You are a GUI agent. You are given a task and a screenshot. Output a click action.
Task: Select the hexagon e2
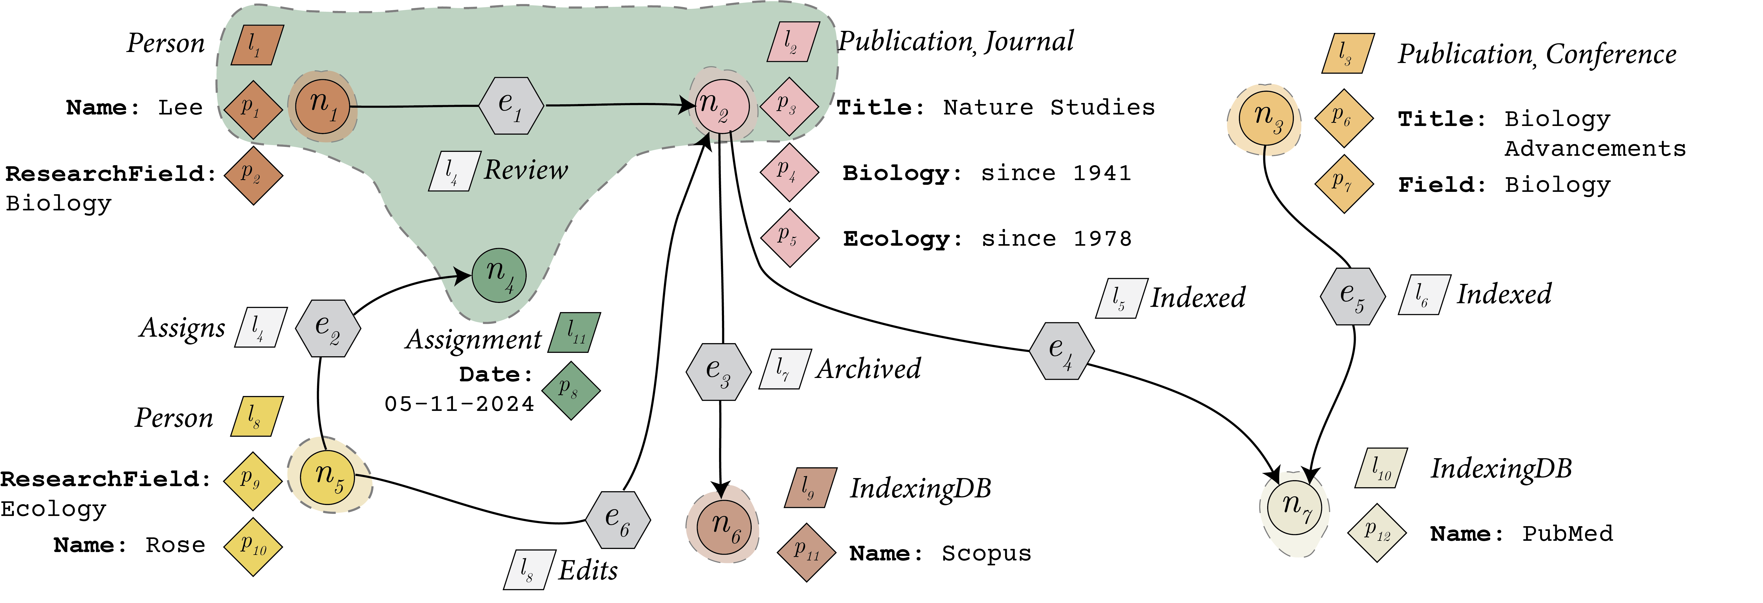328,328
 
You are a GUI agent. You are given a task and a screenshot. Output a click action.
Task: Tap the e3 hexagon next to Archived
719,372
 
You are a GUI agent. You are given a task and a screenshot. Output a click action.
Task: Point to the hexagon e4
1061,351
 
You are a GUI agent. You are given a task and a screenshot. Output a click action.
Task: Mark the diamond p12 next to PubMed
1376,532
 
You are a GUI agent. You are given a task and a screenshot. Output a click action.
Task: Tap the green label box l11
575,333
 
